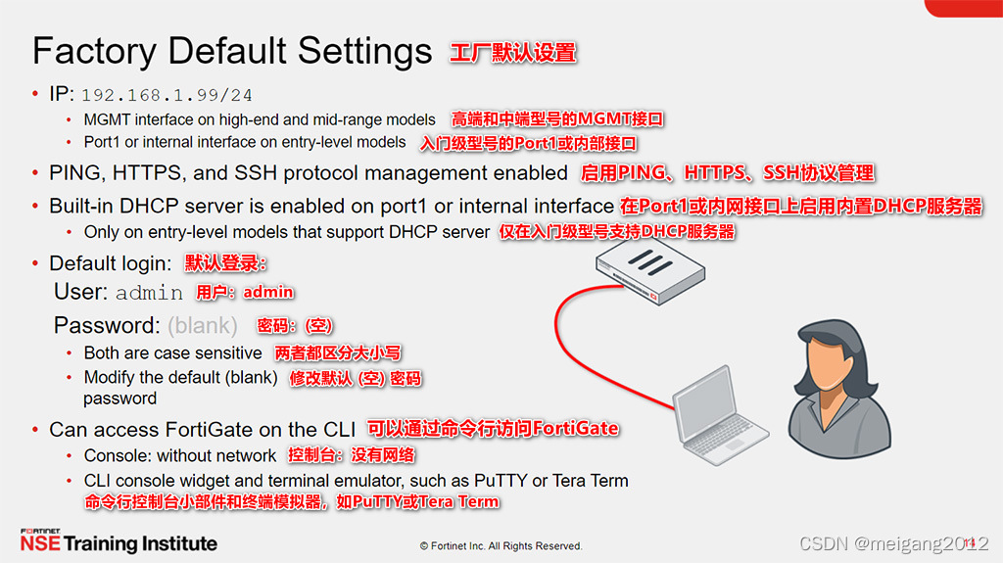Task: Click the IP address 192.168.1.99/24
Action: tap(167, 95)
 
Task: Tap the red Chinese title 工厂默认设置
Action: tap(512, 52)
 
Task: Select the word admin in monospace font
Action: tap(149, 293)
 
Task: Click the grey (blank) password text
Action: tap(202, 325)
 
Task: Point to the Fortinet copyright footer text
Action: tap(501, 545)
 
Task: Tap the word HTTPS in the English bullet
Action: tap(145, 173)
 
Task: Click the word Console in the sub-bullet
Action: tap(117, 455)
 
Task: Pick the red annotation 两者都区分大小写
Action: tap(338, 353)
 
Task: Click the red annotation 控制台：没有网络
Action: tap(351, 455)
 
